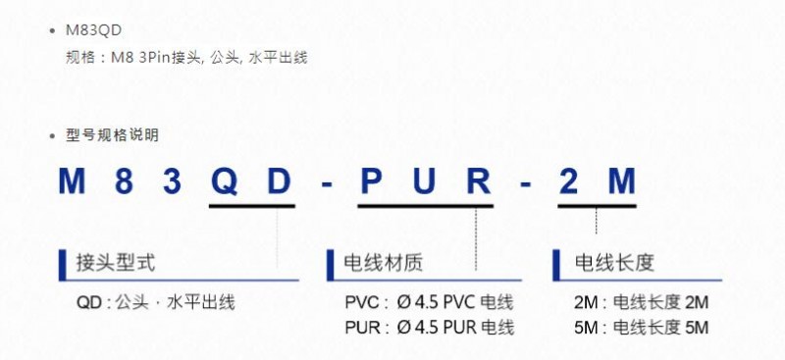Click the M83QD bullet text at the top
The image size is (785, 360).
pos(93,30)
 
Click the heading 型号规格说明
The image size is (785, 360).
pos(112,134)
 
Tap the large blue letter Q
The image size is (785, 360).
pos(224,181)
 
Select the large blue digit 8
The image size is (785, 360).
pos(124,181)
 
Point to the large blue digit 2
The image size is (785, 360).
pos(568,181)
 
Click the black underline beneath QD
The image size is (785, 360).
pos(252,205)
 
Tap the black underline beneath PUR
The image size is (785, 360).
pos(426,205)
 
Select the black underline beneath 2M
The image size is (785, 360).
pos(597,205)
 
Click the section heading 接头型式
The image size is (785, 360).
pos(116,263)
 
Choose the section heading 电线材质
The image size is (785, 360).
pos(384,263)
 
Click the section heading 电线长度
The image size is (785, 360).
pos(615,263)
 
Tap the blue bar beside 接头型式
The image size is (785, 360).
pos(63,265)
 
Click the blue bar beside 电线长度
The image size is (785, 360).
pos(556,265)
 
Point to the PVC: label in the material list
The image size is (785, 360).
pos(366,303)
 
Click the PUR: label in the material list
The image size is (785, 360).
pos(367,328)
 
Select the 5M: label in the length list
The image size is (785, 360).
pos(591,328)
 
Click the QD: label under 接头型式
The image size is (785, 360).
pos(93,303)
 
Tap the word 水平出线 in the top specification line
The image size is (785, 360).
pos(278,58)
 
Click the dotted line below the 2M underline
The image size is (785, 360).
pos(596,221)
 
